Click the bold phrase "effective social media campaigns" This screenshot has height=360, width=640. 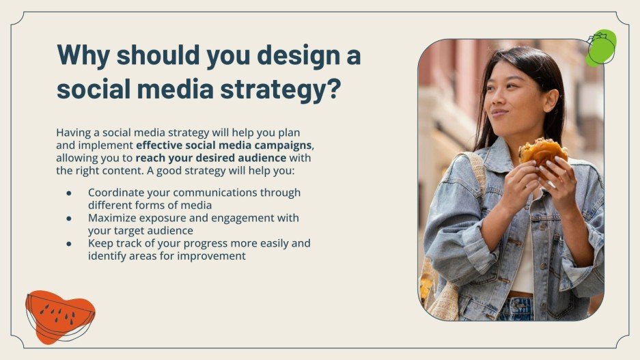tap(225, 145)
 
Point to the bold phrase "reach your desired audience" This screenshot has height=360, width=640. tap(210, 158)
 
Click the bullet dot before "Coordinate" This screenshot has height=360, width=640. tap(69, 193)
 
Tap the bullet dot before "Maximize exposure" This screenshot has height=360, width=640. tap(69, 219)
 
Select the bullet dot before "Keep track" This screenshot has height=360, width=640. tap(69, 244)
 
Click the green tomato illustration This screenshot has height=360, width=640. tap(600, 47)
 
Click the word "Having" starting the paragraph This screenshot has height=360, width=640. tap(74, 133)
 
